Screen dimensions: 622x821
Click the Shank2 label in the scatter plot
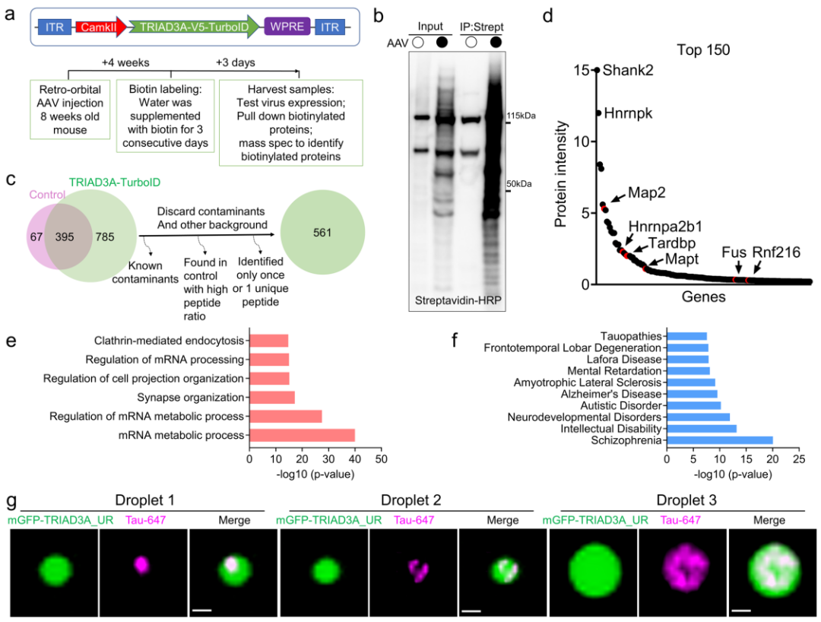click(627, 71)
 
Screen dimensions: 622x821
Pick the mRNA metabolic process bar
click(302, 435)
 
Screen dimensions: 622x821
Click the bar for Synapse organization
click(271, 397)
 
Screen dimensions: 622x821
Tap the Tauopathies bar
click(686, 336)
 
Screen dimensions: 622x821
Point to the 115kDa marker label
click(521, 116)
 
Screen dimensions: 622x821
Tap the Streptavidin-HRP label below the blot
click(459, 300)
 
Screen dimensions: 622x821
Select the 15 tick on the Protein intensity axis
click(582, 71)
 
